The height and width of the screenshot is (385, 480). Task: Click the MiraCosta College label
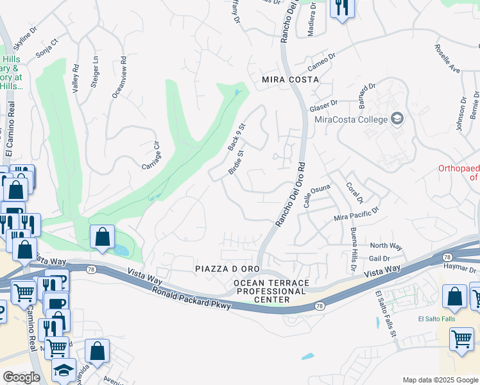tap(351, 119)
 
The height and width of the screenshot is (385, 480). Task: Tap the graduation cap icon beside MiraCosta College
tap(397, 119)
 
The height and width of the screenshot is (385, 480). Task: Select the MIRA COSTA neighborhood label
tap(290, 80)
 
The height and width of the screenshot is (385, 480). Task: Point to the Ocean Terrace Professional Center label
tap(271, 291)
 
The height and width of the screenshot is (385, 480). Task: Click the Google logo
tap(21, 377)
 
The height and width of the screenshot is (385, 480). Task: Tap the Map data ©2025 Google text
tap(440, 380)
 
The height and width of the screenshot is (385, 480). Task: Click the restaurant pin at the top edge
tap(341, 8)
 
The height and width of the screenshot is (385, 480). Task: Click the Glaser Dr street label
tap(323, 104)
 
